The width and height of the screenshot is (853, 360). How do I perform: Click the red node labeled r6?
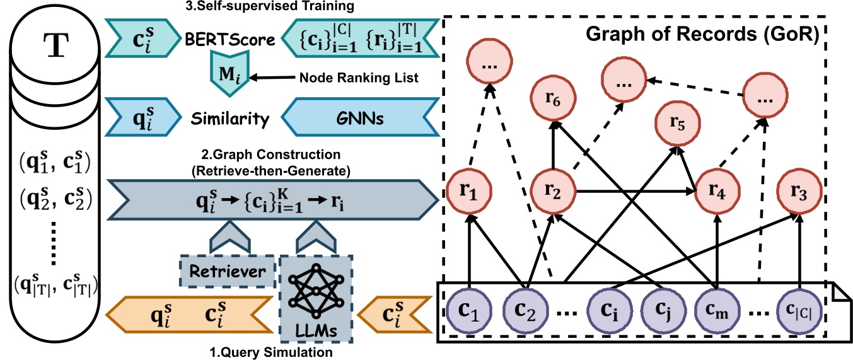pyautogui.click(x=552, y=99)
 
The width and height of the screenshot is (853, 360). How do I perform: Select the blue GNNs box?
pyautogui.click(x=362, y=117)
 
